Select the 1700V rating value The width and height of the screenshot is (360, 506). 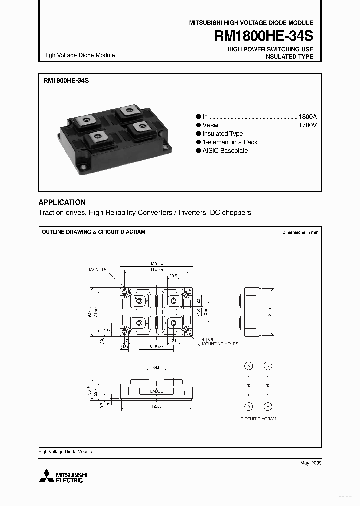307,125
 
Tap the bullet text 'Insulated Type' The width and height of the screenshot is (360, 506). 223,134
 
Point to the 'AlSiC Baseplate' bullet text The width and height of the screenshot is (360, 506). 225,151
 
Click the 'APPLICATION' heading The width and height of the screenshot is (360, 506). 62,202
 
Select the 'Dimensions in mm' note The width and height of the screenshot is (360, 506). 300,233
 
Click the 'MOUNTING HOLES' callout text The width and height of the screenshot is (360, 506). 220,344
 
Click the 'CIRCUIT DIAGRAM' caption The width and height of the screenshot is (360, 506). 258,419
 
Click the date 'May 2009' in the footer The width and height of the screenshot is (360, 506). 311,463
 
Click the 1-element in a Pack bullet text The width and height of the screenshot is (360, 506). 230,142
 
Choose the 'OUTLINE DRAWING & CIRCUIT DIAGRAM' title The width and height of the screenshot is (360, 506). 93,232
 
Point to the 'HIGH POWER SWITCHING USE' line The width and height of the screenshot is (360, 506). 270,49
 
